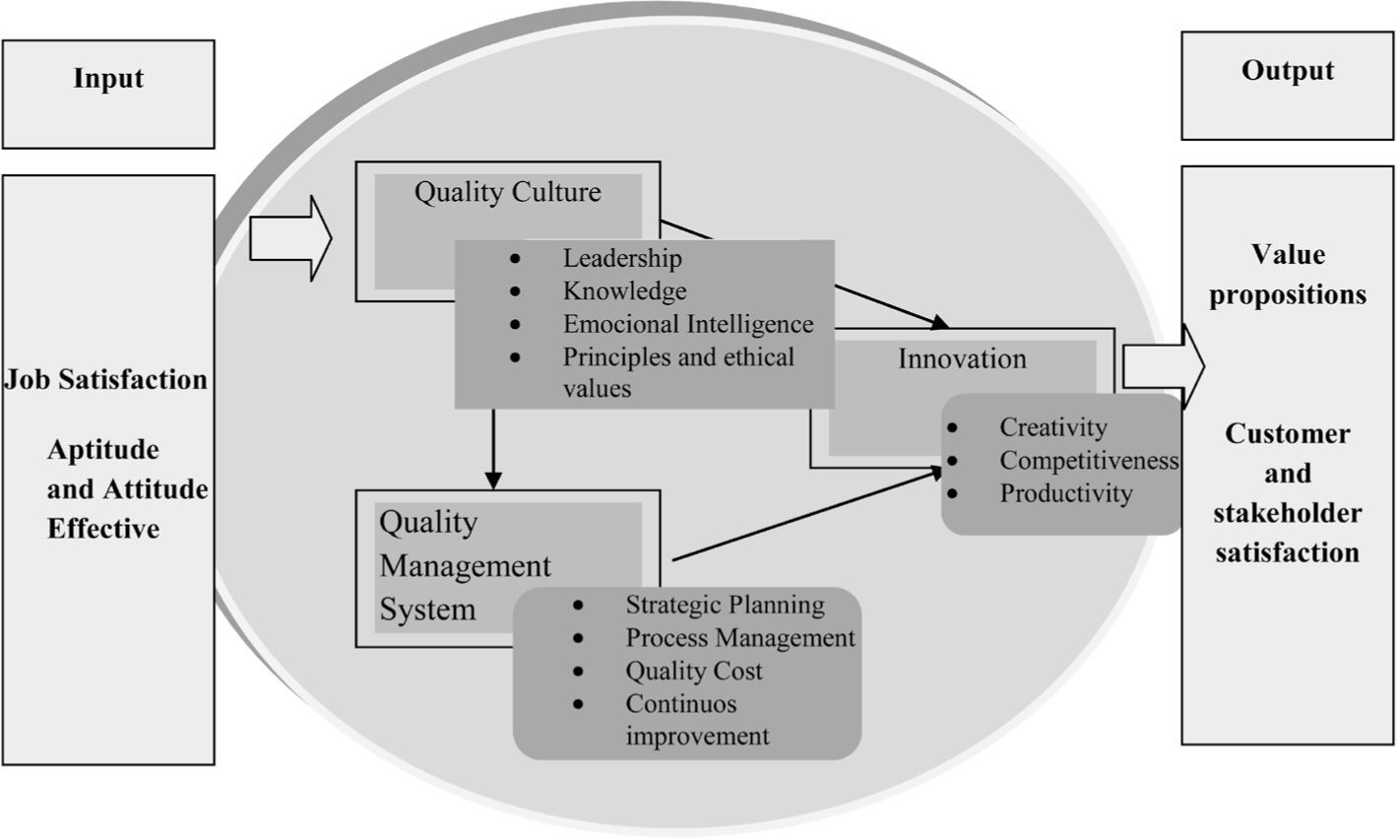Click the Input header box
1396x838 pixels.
(108, 94)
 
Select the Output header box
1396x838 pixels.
(1288, 85)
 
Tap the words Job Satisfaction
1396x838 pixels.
(106, 379)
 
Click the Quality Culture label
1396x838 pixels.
(507, 191)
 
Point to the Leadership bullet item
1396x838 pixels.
(622, 258)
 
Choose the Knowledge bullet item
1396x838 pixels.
(624, 290)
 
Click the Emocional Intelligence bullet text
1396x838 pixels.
(688, 323)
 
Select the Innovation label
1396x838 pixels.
(962, 358)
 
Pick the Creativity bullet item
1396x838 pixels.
(1053, 427)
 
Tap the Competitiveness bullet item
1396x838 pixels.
(1089, 460)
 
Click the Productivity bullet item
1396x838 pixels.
(1066, 492)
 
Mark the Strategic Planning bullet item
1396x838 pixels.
(726, 604)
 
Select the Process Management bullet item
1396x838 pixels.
(740, 637)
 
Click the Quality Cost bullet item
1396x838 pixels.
(694, 671)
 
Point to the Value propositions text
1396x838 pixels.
(1288, 274)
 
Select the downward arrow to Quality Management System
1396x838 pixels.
(493, 449)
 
